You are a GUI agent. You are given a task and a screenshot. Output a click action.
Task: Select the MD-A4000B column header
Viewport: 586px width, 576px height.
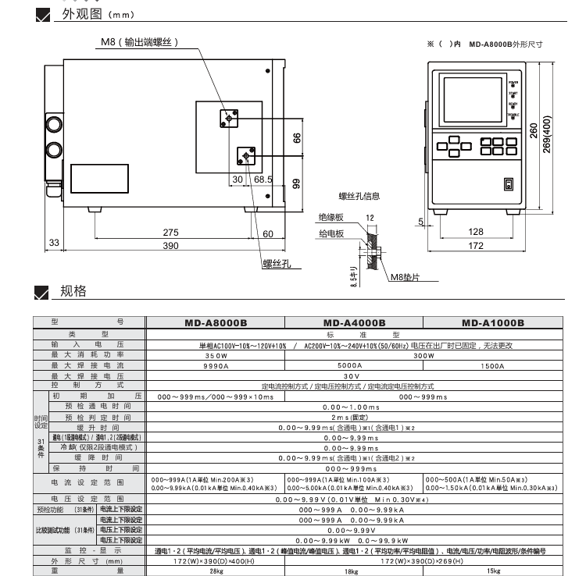tap(354, 322)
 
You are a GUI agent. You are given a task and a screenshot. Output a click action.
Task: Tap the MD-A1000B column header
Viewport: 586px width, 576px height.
tap(492, 322)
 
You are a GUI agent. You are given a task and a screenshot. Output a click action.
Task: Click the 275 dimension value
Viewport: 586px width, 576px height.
tap(170, 233)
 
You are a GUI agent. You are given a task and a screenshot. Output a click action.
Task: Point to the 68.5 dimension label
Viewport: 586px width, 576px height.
tap(263, 179)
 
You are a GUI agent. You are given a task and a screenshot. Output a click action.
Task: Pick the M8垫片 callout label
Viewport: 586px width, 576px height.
tap(406, 278)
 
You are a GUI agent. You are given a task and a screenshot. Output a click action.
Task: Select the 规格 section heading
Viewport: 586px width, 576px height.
tap(73, 292)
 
